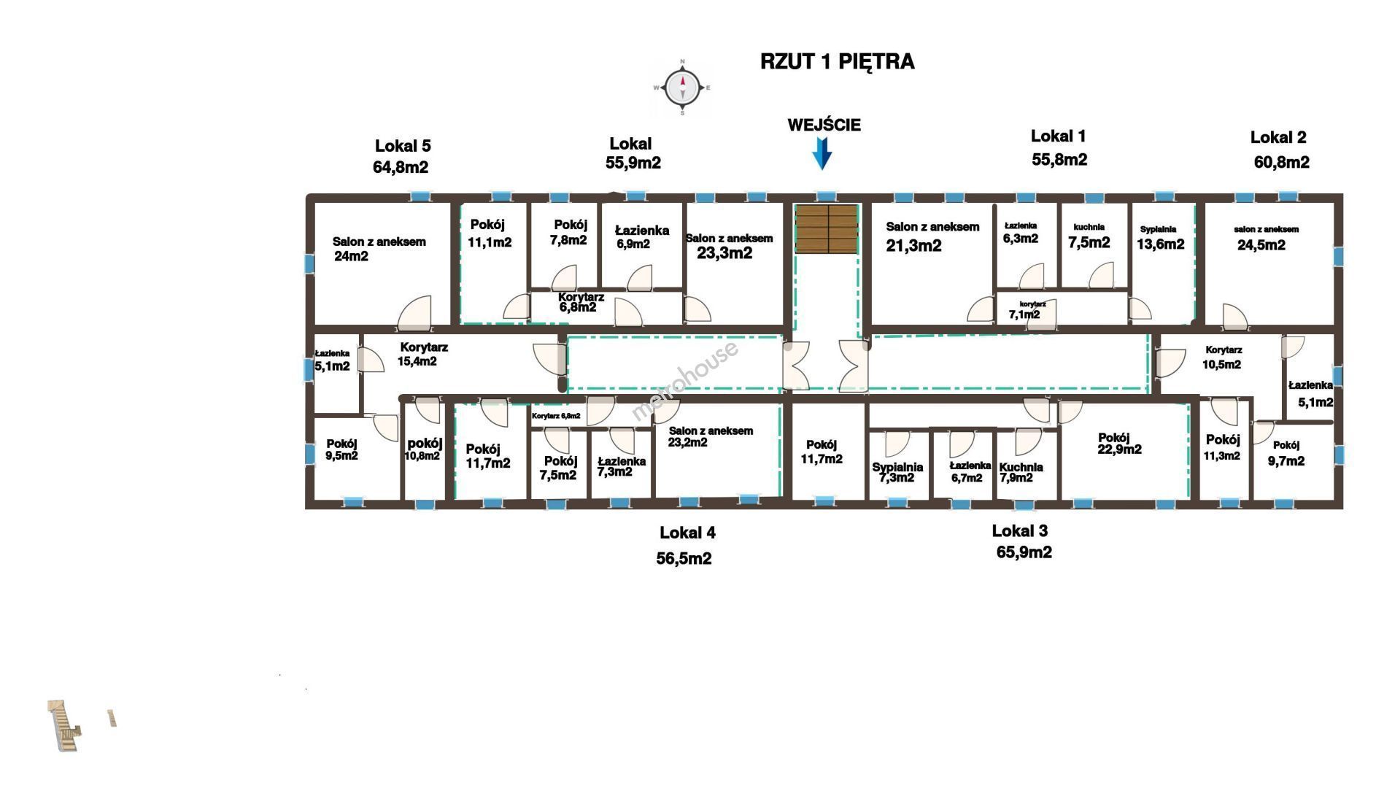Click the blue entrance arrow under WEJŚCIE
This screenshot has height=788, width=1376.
pos(822,153)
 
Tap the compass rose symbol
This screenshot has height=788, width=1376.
pos(682,88)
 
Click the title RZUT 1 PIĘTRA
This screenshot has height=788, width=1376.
pos(837,61)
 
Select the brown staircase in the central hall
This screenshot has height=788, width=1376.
pos(826,228)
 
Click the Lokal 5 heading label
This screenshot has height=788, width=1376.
pos(403,146)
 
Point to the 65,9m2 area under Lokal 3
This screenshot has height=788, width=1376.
pos(1024,552)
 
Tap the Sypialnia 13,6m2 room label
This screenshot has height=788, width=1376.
pos(1160,238)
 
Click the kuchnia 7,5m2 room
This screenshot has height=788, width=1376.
pos(1089,236)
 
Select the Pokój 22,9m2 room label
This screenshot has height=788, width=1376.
pos(1119,444)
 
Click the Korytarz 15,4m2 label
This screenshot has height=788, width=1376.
pos(422,354)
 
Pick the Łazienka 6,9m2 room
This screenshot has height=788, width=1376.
pos(641,237)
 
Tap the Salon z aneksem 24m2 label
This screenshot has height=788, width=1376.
pos(378,249)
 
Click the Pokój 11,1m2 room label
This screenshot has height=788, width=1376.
pos(490,233)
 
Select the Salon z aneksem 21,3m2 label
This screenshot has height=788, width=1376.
pos(932,236)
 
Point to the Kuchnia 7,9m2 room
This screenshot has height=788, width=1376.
pos(1021,472)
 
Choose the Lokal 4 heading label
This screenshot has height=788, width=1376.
pos(687,533)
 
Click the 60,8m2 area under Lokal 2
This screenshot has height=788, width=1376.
pos(1281,162)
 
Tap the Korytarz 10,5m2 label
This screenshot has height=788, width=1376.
pos(1223,358)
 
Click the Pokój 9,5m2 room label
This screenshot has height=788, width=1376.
pos(341,449)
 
